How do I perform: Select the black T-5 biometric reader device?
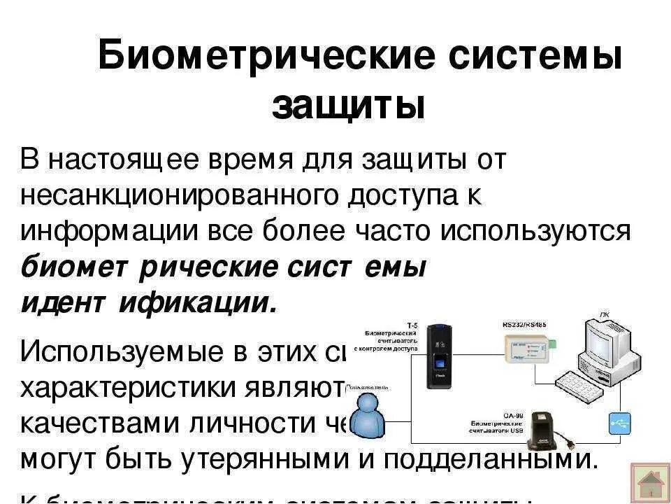coord(440,356)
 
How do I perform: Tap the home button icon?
coord(650,483)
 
